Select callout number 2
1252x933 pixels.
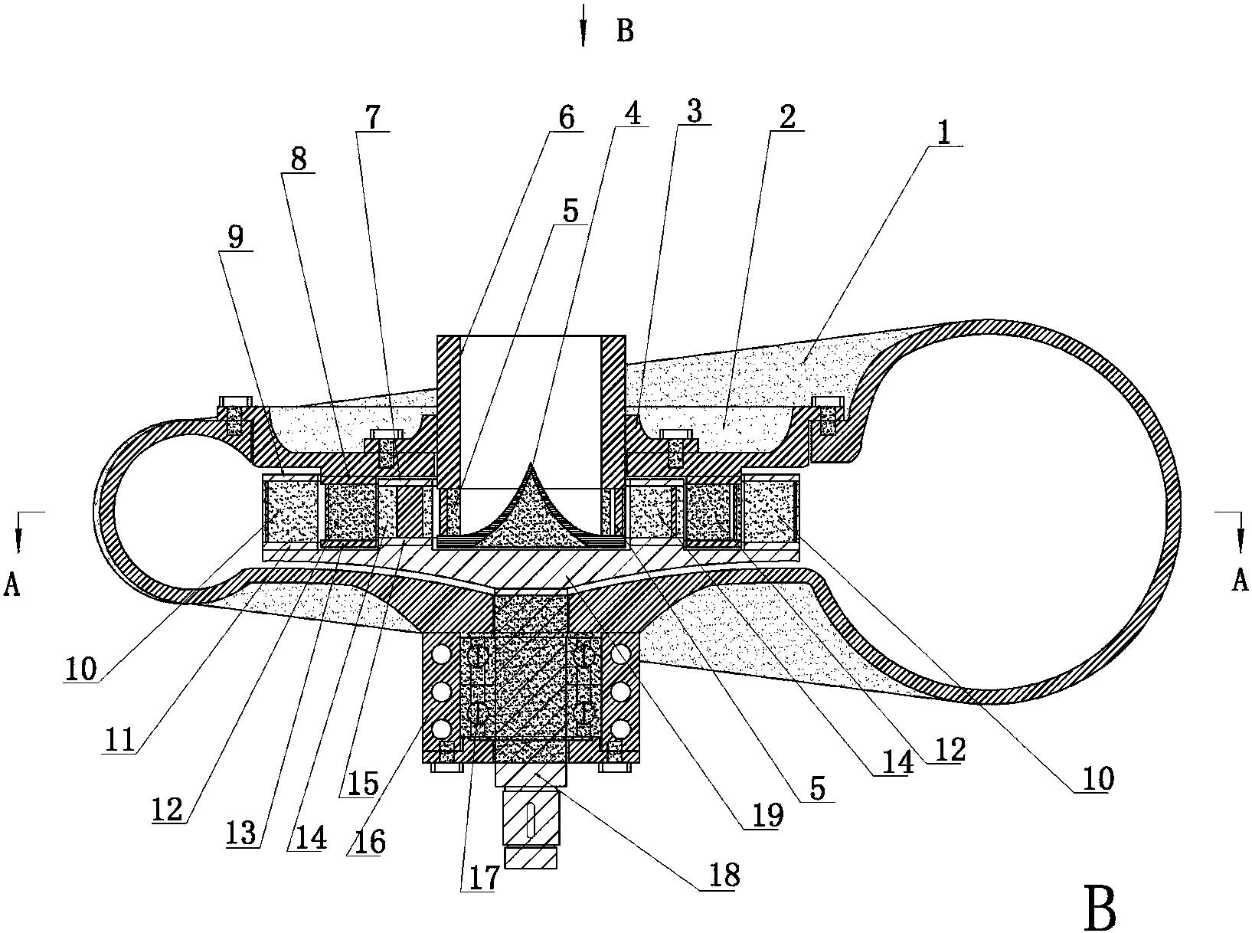(x=787, y=117)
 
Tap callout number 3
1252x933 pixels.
(x=695, y=111)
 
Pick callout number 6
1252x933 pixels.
(x=566, y=117)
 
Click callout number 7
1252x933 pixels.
(x=373, y=117)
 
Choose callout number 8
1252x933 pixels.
(x=299, y=159)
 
